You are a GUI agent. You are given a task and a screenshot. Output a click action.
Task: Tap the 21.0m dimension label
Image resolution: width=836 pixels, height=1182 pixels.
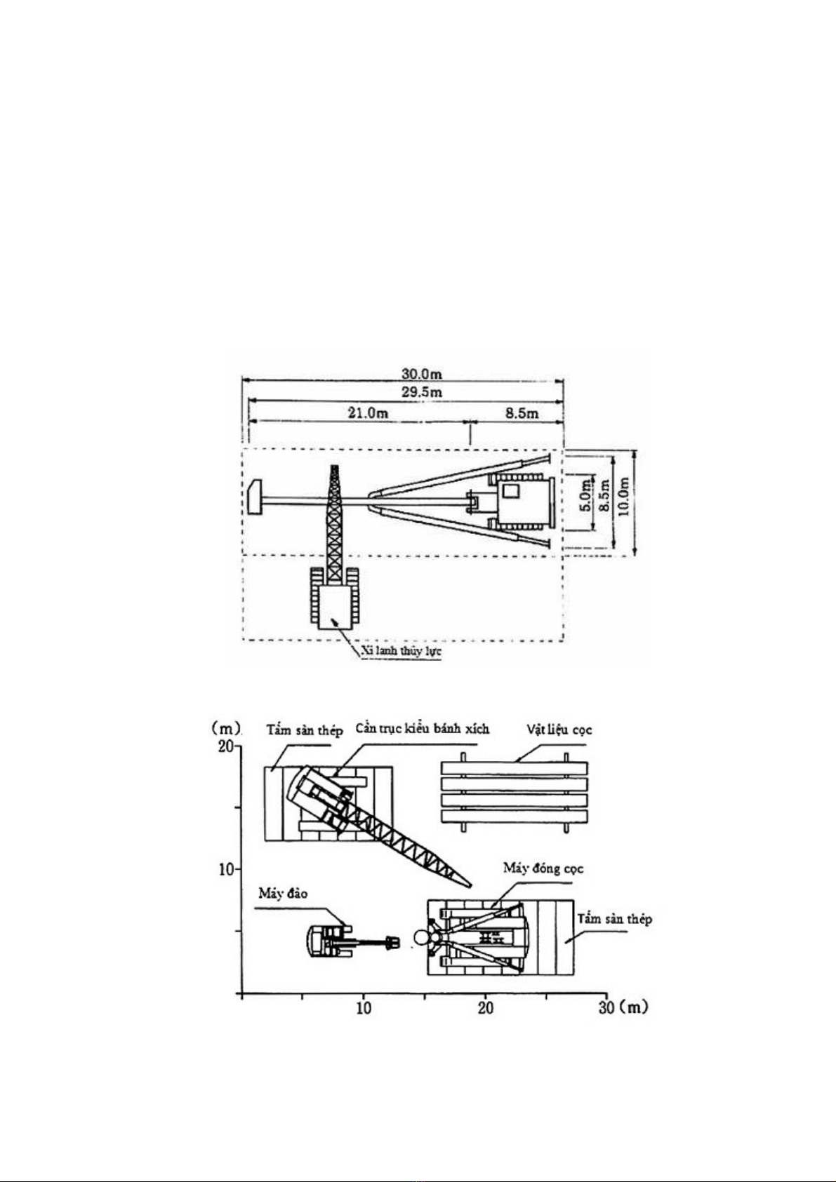(x=368, y=413)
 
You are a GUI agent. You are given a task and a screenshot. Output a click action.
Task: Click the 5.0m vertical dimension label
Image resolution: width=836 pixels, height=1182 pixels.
(x=585, y=502)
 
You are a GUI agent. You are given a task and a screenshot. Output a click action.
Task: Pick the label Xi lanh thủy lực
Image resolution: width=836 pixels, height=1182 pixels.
(x=401, y=651)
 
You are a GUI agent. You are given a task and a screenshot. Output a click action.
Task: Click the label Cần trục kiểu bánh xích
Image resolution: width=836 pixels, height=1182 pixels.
(x=422, y=729)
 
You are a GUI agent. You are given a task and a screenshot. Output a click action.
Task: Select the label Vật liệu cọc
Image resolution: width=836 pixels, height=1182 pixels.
(x=559, y=730)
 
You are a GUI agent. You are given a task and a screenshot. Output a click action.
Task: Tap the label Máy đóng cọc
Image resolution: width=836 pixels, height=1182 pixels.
(x=543, y=868)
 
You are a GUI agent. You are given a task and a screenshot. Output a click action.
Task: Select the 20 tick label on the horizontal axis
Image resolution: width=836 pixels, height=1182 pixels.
(x=485, y=1007)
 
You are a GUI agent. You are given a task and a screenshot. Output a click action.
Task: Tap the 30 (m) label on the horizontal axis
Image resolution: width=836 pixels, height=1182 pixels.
(x=623, y=1007)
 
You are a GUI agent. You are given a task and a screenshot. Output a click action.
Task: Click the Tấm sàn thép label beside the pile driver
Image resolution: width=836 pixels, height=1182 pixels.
(x=614, y=919)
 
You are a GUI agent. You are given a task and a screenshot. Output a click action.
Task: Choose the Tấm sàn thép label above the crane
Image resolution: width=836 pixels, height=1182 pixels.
(x=304, y=731)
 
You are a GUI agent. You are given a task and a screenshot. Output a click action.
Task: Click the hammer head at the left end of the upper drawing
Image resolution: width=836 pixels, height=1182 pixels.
(x=255, y=497)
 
